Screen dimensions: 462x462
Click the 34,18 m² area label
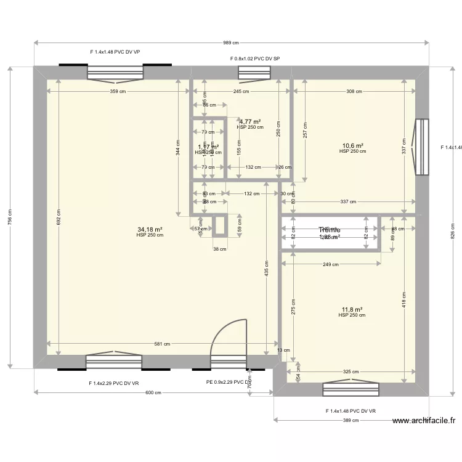pyautogui.click(x=150, y=229)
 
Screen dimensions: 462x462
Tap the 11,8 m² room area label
pyautogui.click(x=352, y=309)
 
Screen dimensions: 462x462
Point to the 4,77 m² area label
pyautogui.click(x=249, y=122)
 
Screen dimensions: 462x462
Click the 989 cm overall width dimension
pyautogui.click(x=230, y=43)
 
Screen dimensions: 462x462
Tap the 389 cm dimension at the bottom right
pyautogui.click(x=351, y=421)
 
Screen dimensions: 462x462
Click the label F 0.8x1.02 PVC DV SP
pyautogui.click(x=255, y=59)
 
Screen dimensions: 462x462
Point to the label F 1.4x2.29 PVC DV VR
pyautogui.click(x=114, y=383)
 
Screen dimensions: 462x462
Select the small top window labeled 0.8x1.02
pyautogui.click(x=254, y=73)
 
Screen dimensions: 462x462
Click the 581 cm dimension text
pyautogui.click(x=163, y=344)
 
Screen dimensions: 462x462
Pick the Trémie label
pyautogui.click(x=329, y=229)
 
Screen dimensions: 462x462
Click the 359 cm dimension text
pyautogui.click(x=118, y=92)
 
